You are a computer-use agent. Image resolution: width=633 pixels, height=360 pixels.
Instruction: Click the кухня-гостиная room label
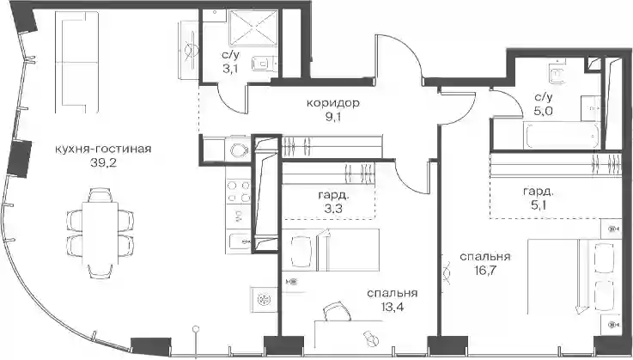click(103, 149)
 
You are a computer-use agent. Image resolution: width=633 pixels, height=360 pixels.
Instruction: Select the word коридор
click(333, 103)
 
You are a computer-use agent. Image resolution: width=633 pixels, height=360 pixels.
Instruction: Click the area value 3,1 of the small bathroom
click(229, 69)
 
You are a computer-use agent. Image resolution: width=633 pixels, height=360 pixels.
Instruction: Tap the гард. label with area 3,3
click(332, 196)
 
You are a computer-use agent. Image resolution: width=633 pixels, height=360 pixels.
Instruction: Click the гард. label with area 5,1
click(539, 192)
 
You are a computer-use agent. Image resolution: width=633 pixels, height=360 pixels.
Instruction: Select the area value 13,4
click(392, 308)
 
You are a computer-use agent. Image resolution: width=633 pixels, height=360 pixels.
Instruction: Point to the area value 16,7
click(484, 271)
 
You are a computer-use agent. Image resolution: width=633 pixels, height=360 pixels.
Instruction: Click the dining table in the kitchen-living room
click(100, 233)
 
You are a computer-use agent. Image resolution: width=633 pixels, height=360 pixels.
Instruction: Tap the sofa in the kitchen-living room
click(76, 62)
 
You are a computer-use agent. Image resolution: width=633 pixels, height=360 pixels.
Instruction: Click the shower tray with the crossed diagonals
click(253, 27)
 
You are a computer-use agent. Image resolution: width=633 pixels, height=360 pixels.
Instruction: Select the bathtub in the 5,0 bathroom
click(562, 135)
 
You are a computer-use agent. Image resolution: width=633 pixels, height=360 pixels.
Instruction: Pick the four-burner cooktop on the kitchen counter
click(238, 192)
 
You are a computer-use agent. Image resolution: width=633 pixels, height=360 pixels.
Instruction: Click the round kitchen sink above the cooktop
click(237, 149)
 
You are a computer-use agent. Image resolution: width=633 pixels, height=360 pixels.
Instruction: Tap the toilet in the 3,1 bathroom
click(264, 64)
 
